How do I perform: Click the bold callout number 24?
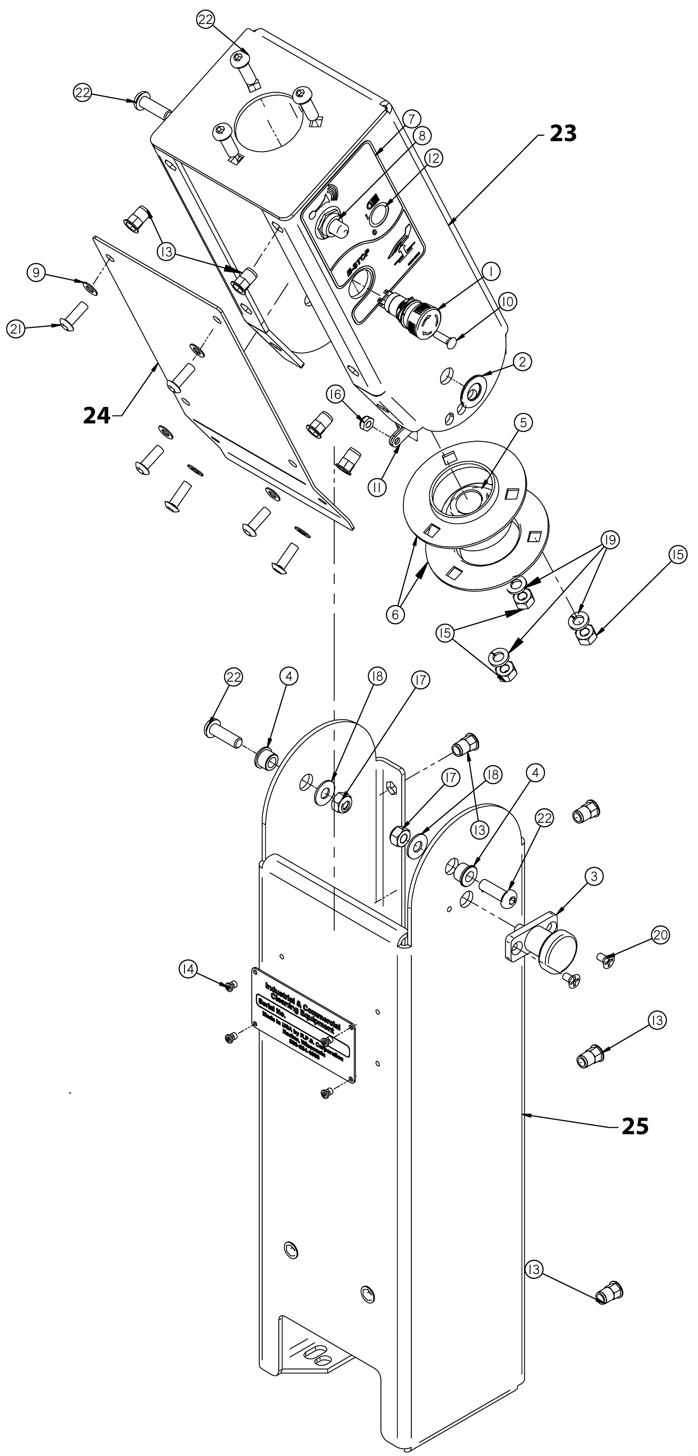(97, 416)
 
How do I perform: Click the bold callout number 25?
(635, 1138)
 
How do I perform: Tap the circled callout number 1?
(491, 272)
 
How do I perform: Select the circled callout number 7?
(411, 119)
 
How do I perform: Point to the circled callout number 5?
(523, 422)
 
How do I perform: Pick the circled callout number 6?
(395, 615)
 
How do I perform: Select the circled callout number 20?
(660, 935)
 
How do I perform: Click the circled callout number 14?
(188, 970)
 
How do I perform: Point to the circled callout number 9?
(36, 273)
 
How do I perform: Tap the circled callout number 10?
(507, 302)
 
